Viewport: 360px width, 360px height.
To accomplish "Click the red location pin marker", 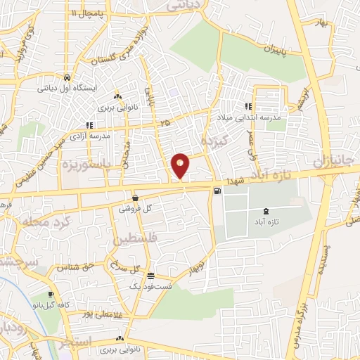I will coord(181,165).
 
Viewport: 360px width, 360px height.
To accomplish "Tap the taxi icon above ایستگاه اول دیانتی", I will coord(66,78).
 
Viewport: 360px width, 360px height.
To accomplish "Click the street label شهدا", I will coord(233,181).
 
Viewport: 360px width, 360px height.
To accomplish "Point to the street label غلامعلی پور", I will coord(103,314).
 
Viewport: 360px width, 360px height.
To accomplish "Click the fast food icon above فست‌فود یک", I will coord(151,276).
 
